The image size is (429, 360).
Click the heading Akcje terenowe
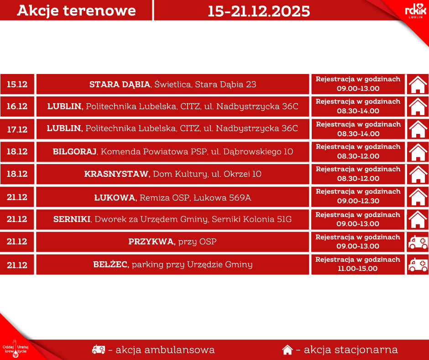(x=76, y=11)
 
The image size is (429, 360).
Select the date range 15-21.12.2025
(x=259, y=11)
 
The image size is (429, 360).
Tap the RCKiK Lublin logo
(x=415, y=11)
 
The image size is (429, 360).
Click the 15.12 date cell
(x=17, y=84)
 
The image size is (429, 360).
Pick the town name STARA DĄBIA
(x=120, y=84)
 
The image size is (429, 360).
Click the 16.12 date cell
(x=17, y=106)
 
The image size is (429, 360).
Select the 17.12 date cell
(x=17, y=129)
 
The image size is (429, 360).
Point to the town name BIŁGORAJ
(x=74, y=152)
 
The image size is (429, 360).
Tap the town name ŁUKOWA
(x=115, y=197)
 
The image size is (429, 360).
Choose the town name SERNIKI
(x=72, y=219)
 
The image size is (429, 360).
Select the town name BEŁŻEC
(x=111, y=265)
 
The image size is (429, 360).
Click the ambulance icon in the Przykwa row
(x=418, y=242)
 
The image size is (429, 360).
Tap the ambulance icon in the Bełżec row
(x=418, y=265)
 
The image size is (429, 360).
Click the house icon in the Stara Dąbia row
(x=418, y=85)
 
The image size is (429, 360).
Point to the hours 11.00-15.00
(x=358, y=269)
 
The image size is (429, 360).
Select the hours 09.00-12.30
(x=358, y=201)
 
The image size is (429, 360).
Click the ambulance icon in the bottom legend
(x=99, y=349)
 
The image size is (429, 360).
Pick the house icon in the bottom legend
(x=287, y=350)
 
